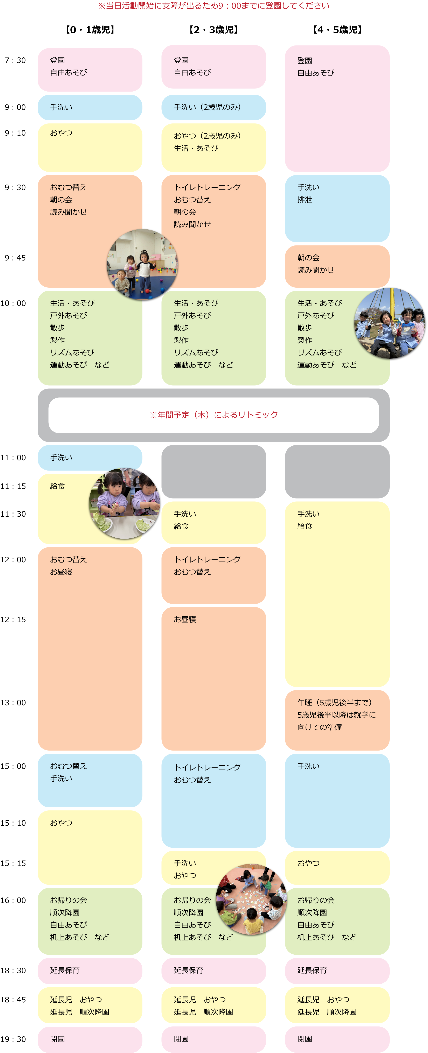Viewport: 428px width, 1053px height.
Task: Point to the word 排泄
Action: pyautogui.click(x=305, y=200)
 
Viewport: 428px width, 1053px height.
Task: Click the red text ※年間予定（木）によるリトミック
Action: pyautogui.click(x=214, y=415)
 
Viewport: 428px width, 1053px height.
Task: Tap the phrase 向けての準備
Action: pyautogui.click(x=320, y=727)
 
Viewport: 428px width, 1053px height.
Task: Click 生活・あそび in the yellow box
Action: pyautogui.click(x=196, y=148)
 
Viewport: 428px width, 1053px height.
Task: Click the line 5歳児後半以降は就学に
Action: pyautogui.click(x=336, y=715)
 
